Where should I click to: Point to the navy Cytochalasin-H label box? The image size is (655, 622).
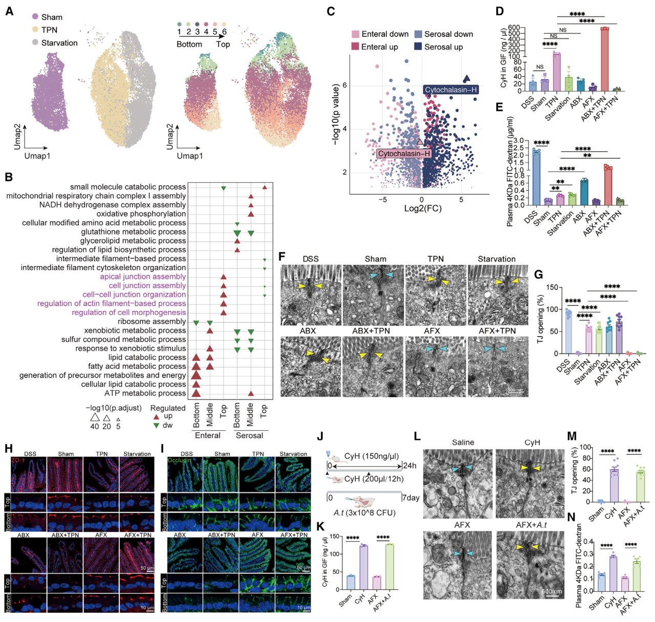[451, 90]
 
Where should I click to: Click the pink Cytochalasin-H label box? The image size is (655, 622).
[404, 153]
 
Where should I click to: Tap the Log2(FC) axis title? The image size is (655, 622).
[423, 209]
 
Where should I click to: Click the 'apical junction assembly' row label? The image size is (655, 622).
[143, 277]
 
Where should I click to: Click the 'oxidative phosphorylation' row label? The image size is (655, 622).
[141, 214]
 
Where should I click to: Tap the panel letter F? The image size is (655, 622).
[282, 256]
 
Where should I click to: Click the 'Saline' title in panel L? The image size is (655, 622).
[463, 442]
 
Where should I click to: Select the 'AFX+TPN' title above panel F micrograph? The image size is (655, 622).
[497, 331]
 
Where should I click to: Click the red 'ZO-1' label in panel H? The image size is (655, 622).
[18, 460]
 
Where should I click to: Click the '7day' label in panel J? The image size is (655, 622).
[410, 498]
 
